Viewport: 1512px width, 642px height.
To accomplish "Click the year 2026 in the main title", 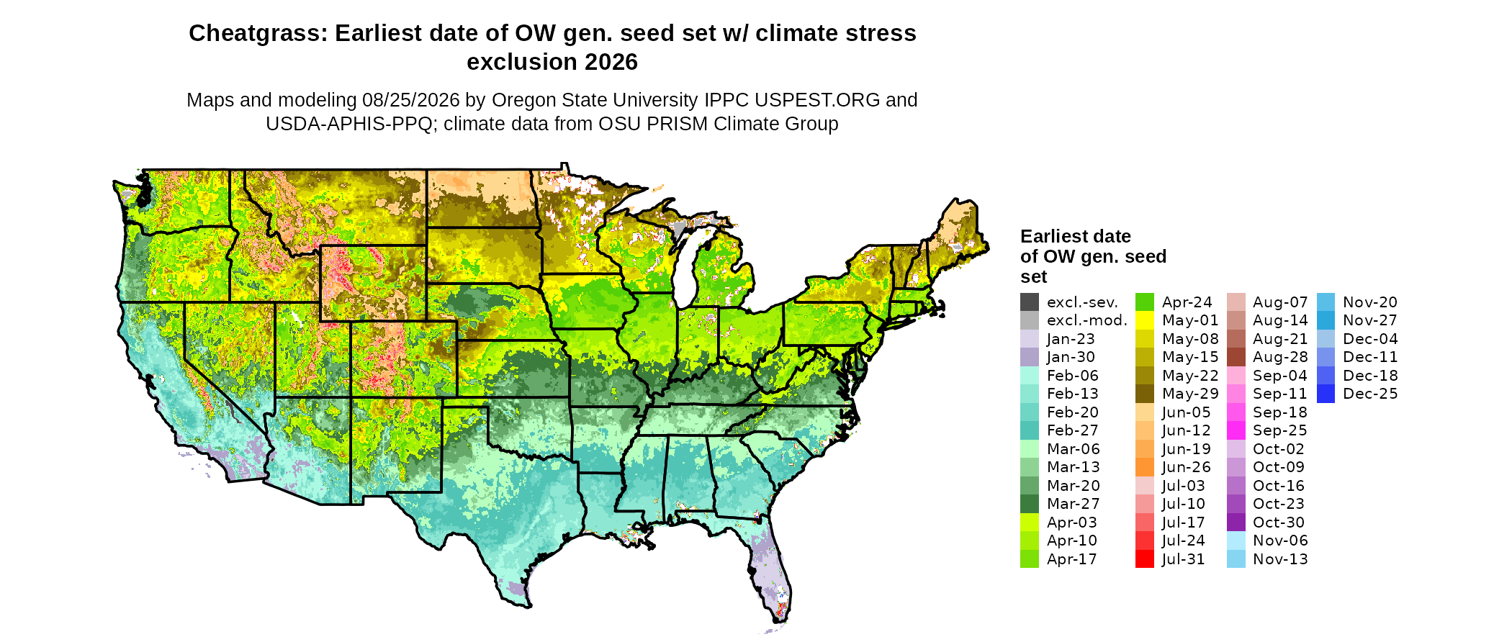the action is (611, 62).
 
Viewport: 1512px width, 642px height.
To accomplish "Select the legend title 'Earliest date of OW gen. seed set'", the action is (1093, 256).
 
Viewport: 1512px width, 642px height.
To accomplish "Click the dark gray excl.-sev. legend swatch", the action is (1030, 302).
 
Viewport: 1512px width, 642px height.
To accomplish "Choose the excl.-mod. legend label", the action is (1087, 321).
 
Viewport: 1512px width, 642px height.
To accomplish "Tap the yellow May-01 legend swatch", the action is (1145, 321).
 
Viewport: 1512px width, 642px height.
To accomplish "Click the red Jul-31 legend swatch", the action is (1145, 559).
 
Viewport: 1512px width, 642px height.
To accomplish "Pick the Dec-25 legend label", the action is (1370, 394).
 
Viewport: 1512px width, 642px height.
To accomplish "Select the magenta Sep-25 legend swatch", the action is (1236, 430).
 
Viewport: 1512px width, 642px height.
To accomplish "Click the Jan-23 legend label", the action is (1071, 339).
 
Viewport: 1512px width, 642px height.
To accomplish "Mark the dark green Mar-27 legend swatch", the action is (1030, 504).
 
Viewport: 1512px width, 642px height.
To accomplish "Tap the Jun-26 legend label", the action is (1187, 468).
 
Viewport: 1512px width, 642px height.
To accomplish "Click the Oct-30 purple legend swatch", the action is (1236, 523).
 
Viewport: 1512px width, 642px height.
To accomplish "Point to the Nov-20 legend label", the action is (1370, 302).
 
